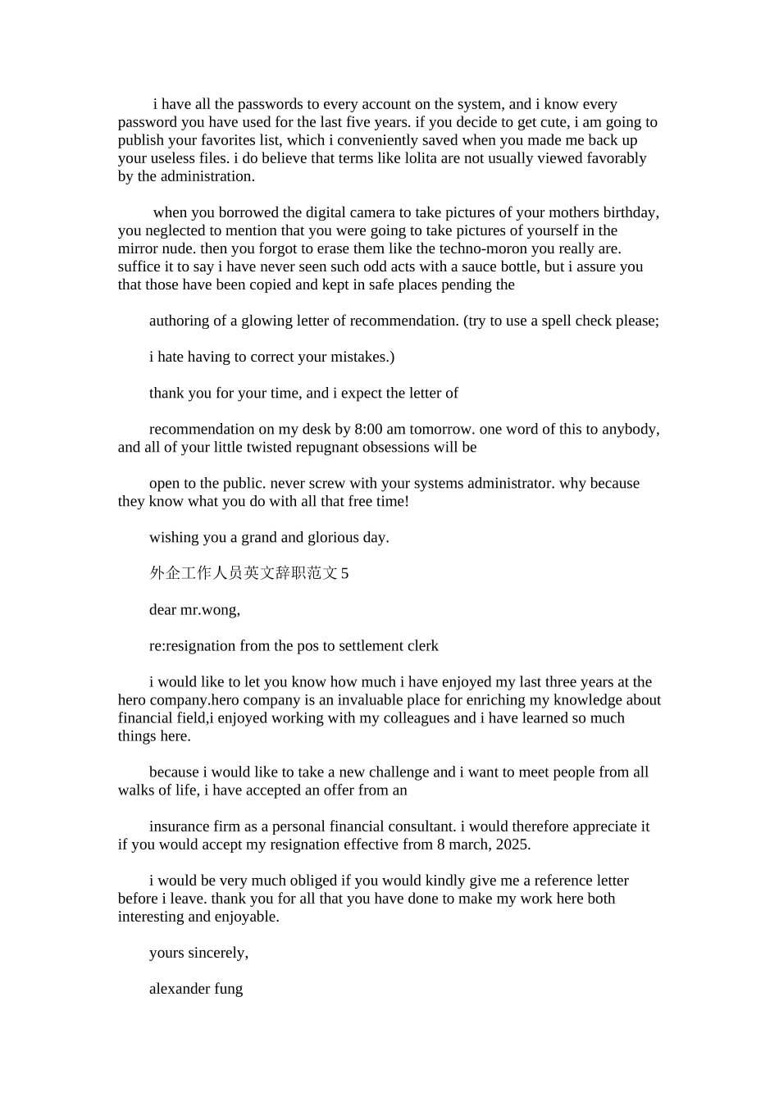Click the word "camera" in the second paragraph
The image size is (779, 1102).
[x=380, y=213]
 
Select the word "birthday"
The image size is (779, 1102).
[x=631, y=213]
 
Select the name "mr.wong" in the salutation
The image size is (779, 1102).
[x=210, y=610]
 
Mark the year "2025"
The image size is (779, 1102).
[x=512, y=845]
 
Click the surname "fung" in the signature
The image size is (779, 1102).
[x=229, y=989]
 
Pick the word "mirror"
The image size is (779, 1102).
[x=139, y=249]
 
